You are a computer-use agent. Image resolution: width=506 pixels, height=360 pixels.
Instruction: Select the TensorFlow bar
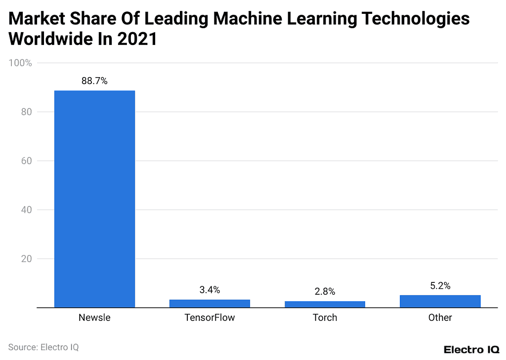(x=210, y=304)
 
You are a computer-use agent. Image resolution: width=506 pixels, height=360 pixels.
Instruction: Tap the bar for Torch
(x=325, y=304)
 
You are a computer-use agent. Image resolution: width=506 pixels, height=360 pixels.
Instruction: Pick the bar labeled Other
(x=440, y=301)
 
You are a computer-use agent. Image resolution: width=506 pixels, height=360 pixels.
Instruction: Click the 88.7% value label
(x=94, y=81)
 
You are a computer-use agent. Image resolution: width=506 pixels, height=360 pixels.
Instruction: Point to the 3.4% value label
(x=210, y=290)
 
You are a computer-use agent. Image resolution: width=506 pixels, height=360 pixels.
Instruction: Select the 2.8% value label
(x=325, y=291)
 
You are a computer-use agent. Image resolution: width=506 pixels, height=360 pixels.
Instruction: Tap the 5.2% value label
(x=440, y=286)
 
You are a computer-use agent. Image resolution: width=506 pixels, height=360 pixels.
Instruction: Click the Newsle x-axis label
(x=94, y=317)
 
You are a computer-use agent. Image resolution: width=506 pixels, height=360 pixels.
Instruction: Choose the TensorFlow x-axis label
(x=210, y=317)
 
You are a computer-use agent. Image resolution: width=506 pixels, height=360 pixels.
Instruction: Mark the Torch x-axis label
(x=325, y=317)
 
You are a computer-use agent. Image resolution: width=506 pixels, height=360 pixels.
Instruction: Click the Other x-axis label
(x=440, y=317)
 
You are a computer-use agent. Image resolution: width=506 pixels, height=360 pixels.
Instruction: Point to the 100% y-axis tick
(x=20, y=63)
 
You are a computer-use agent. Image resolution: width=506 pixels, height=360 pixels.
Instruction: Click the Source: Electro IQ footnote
(x=43, y=347)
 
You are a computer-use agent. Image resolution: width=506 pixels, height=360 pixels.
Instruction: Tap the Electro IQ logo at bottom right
(x=471, y=349)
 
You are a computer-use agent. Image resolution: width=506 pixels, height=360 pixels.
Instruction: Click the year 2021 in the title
(x=137, y=39)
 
